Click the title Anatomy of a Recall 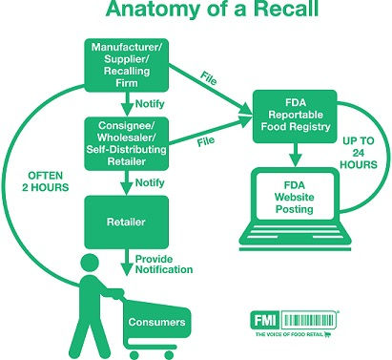pyautogui.click(x=196, y=13)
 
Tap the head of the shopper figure pyautogui.click(x=90, y=263)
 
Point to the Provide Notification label pyautogui.click(x=165, y=263)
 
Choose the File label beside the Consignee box pyautogui.click(x=204, y=140)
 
